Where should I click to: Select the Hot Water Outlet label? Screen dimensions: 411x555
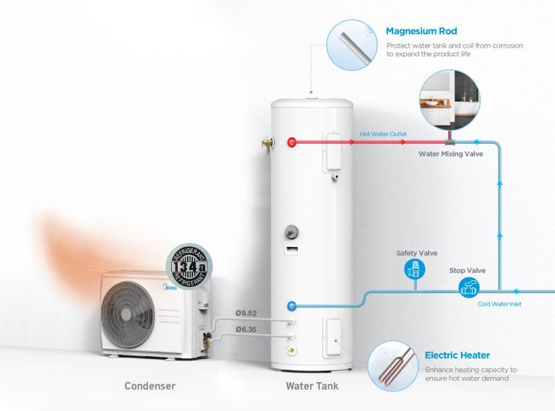(384, 134)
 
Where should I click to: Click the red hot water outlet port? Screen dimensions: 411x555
(291, 142)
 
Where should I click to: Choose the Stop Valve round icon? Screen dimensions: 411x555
(467, 288)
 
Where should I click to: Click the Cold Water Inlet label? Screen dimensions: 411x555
(499, 304)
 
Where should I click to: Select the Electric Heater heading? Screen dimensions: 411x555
(457, 355)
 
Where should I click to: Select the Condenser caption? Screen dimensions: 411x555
(150, 386)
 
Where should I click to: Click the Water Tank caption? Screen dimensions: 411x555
(311, 386)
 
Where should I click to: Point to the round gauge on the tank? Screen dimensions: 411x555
(290, 233)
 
